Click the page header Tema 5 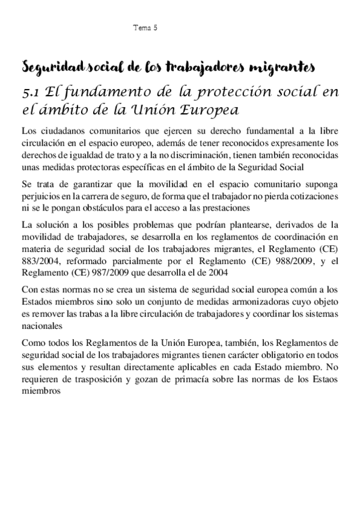144,28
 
